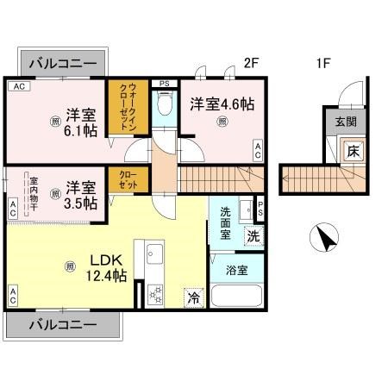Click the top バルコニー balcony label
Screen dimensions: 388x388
click(x=62, y=63)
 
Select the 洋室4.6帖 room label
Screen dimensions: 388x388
click(x=222, y=102)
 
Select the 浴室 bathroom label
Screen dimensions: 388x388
click(x=236, y=270)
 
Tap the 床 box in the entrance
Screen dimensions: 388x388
click(x=353, y=151)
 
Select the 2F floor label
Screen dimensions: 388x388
click(x=251, y=62)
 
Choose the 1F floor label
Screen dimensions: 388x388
click(x=323, y=62)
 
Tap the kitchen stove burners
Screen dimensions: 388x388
click(x=155, y=291)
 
